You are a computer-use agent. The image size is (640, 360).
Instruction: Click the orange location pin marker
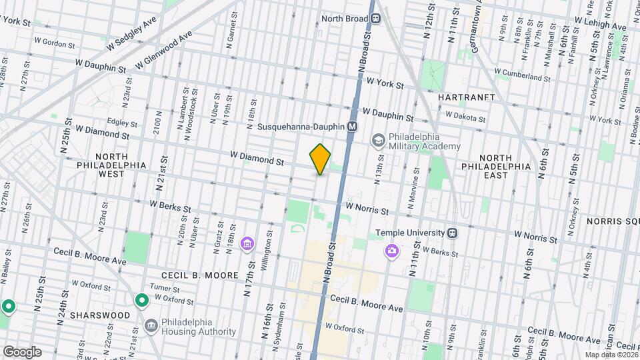[321, 159]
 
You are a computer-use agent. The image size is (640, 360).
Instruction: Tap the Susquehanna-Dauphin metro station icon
[353, 126]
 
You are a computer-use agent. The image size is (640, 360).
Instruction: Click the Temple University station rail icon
[453, 233]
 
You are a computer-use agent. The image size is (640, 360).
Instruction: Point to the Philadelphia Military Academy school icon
[379, 140]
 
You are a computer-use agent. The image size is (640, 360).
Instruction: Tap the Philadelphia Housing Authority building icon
[151, 325]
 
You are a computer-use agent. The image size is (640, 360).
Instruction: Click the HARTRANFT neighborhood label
[466, 97]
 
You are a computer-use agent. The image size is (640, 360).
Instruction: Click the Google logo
[21, 351]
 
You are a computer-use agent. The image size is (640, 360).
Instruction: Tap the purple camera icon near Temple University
[392, 251]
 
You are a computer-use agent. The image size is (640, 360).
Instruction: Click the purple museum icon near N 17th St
[247, 245]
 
